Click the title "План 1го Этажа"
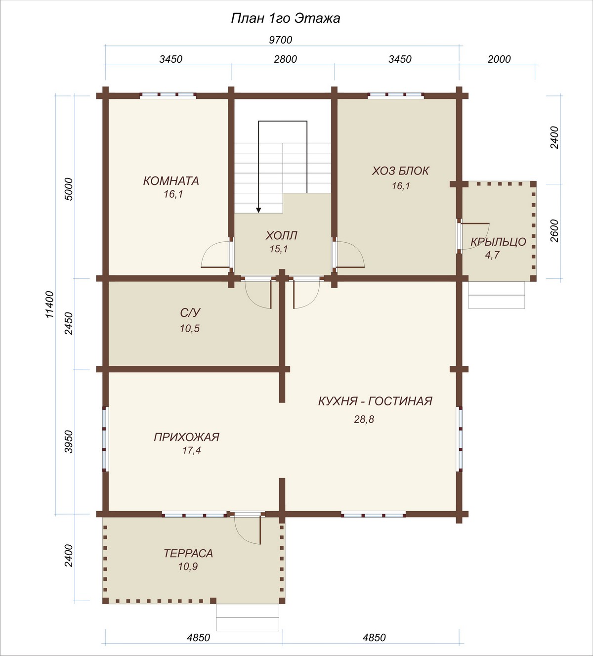click(x=286, y=19)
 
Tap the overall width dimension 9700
click(x=281, y=40)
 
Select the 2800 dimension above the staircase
click(x=286, y=59)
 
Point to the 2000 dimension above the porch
click(x=499, y=59)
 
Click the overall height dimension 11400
click(x=50, y=304)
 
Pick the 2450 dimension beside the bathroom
click(x=69, y=323)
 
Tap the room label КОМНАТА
click(x=171, y=181)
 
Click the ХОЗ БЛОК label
click(x=400, y=171)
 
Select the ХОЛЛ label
click(x=282, y=235)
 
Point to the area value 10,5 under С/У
click(x=190, y=328)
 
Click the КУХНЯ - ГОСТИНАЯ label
click(x=375, y=401)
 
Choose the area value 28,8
click(x=364, y=419)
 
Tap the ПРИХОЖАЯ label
click(x=187, y=437)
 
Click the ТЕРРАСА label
click(x=188, y=553)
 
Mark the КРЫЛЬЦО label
click(x=498, y=242)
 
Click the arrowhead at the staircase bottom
click(x=258, y=210)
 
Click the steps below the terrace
click(x=248, y=617)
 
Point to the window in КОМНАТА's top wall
click(x=168, y=96)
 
